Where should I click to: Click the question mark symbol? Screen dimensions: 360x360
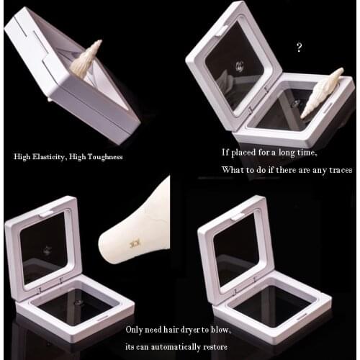point(299,48)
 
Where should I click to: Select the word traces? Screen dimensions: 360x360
point(338,171)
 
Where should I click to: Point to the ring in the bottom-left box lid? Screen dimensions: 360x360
point(46,251)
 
